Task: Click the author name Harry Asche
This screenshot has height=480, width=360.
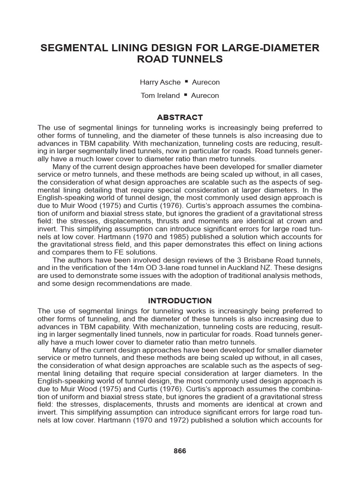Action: [160, 82]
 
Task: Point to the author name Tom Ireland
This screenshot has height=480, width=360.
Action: [160, 96]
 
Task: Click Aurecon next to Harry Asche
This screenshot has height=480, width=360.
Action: [206, 82]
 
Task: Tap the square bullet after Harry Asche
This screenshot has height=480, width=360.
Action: [187, 82]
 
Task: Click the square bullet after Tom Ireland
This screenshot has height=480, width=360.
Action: [186, 95]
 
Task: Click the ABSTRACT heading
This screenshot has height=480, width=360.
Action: [180, 117]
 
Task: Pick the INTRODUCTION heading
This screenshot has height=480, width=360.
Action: [180, 300]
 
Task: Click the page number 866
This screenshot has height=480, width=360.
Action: [180, 451]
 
